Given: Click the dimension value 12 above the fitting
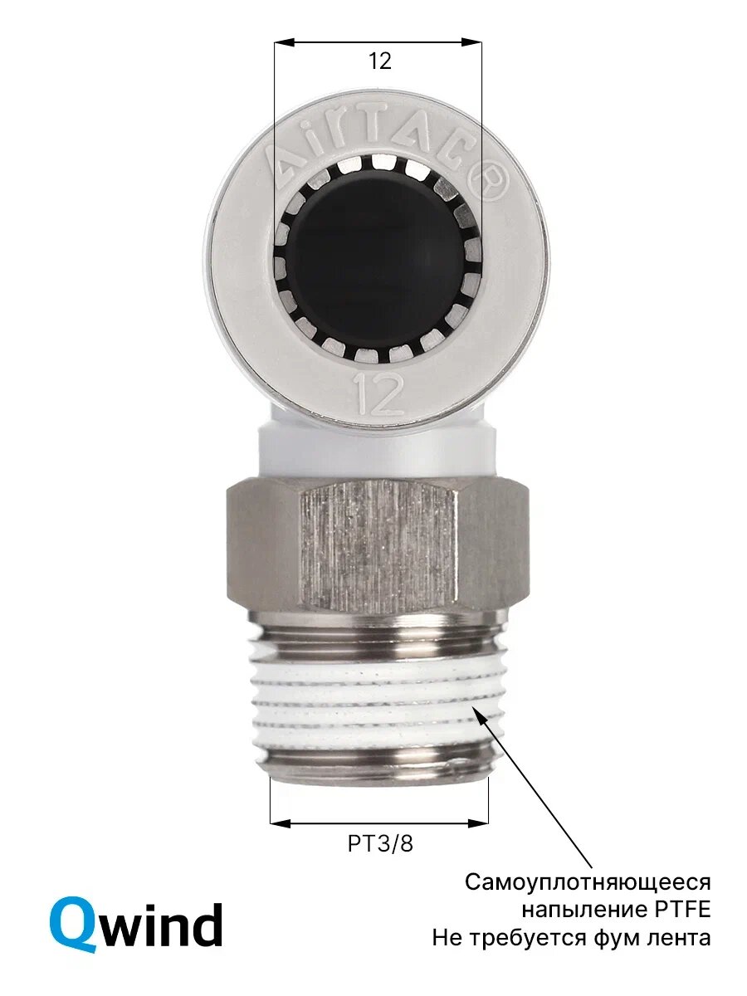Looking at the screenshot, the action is coord(379,61).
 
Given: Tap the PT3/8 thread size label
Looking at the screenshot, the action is coord(380,843).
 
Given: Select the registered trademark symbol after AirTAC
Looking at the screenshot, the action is coord(491,185).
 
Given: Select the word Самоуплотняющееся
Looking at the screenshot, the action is coord(588,882).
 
